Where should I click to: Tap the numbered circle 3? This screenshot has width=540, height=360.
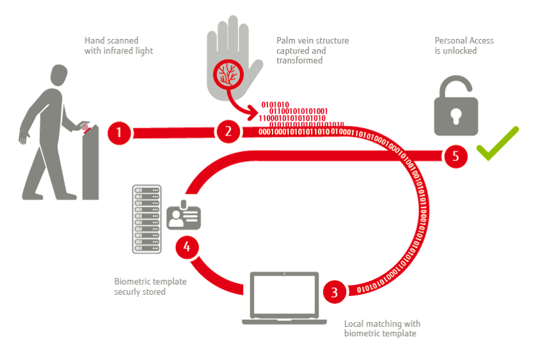pos(334,293)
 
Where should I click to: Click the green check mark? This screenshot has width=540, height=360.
pos(496,144)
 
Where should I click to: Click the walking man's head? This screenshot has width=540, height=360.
pos(57,77)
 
